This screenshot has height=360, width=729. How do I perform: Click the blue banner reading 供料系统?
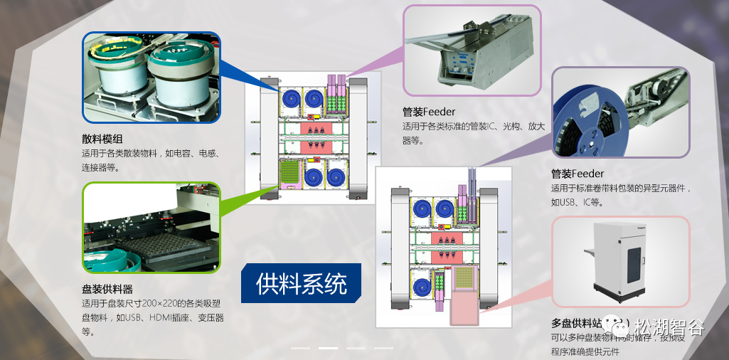[302, 285]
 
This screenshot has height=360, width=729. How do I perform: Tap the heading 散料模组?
[102, 139]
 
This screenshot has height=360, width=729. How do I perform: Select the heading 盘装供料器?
[107, 290]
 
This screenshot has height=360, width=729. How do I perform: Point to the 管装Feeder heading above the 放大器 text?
[429, 112]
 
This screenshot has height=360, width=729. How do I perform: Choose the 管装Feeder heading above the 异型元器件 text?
[578, 174]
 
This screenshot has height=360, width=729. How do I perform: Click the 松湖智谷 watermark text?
[669, 328]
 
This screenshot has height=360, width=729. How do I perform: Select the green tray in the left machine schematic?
[289, 174]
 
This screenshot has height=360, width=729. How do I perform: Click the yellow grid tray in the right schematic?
[464, 277]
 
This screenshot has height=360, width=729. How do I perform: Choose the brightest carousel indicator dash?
[328, 348]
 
